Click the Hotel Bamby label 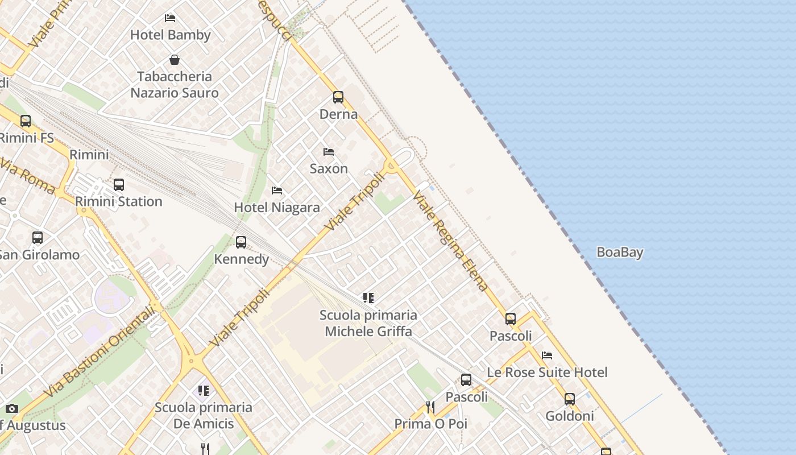(171, 35)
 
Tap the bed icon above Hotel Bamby (170, 18)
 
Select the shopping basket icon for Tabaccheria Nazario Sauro (175, 60)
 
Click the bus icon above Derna (338, 97)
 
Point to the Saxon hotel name (329, 168)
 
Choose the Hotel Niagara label (277, 208)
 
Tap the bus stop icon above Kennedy (241, 242)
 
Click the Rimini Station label (118, 201)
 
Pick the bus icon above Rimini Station (118, 185)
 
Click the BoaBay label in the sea (620, 252)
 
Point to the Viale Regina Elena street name (451, 241)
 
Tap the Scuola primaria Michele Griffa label (368, 323)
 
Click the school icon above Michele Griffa (368, 297)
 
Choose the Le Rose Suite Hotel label (547, 372)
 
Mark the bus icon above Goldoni (570, 399)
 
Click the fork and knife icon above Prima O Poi (430, 407)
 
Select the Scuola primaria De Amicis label (204, 415)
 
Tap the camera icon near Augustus (12, 408)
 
